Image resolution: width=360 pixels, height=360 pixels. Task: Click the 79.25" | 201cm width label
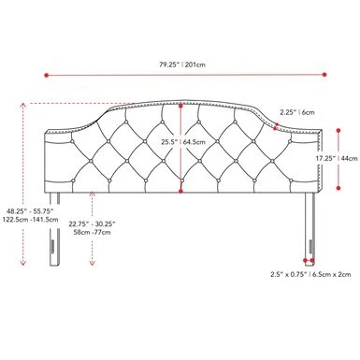point(182,65)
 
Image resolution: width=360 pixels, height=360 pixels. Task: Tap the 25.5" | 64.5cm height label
point(183,142)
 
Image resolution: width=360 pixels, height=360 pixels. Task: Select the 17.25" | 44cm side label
point(337,158)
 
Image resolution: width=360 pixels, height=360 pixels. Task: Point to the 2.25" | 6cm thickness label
point(297,112)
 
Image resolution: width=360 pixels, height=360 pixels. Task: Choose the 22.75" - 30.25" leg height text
point(93,223)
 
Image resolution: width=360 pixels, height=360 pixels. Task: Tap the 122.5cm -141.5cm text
point(31,219)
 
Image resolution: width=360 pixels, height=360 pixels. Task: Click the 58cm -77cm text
point(93,232)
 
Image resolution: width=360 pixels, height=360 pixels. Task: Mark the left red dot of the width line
point(47,75)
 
